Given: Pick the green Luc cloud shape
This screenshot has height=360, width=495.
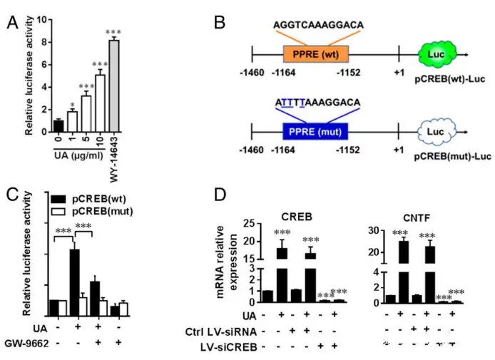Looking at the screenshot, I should pyautogui.click(x=433, y=53).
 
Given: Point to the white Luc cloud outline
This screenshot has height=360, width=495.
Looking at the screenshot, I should pyautogui.click(x=433, y=131).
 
